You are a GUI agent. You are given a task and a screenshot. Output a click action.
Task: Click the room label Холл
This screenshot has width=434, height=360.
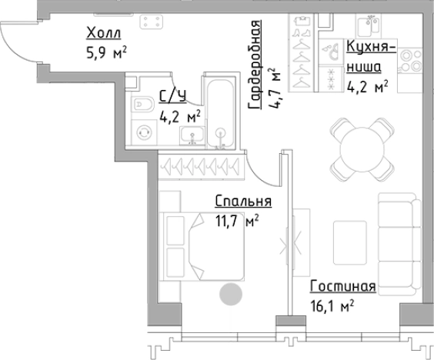[104, 33]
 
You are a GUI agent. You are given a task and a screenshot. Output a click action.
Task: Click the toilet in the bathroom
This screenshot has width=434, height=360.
[143, 105]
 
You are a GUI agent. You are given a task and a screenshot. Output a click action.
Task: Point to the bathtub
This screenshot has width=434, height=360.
[220, 109]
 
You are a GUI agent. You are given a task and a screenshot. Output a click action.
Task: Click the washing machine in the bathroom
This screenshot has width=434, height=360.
[143, 133]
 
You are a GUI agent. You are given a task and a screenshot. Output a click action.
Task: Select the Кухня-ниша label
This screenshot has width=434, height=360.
[371, 57]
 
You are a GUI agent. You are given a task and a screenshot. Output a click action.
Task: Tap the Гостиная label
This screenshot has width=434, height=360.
[342, 287]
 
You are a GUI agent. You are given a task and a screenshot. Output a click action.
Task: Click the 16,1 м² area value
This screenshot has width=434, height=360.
[333, 306]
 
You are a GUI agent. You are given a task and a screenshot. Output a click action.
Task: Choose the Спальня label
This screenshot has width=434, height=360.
[243, 202]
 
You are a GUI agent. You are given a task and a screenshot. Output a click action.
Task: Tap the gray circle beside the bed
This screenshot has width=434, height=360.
[230, 294]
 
